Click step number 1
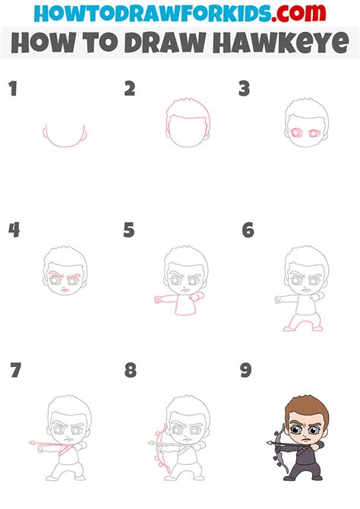coord(12,89)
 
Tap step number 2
coord(129,89)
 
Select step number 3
coord(244,89)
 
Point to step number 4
coord(13,229)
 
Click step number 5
coord(129,229)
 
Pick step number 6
coord(247,229)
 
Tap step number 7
coord(15,370)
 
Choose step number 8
coord(130,370)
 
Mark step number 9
coord(247,370)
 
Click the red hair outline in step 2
coord(185,106)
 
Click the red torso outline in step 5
coord(182,304)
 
